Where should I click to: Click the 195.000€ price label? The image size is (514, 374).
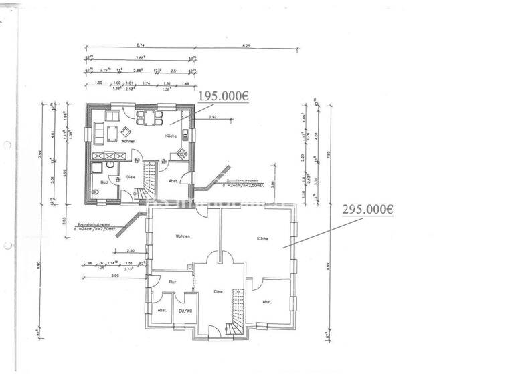click(x=223, y=96)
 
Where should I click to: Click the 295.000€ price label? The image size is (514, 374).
click(x=367, y=209)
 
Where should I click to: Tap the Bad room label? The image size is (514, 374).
click(x=104, y=182)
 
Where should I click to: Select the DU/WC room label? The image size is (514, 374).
click(x=185, y=311)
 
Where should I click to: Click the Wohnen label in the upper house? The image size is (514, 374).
click(x=128, y=141)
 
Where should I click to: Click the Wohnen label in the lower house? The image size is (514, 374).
click(x=183, y=236)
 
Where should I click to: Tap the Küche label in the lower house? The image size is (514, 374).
click(x=262, y=238)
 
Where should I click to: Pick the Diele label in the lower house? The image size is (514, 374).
click(x=218, y=291)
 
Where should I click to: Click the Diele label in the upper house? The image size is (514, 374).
click(x=131, y=177)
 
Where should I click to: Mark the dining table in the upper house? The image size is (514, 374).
click(x=148, y=117)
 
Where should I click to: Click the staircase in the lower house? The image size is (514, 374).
click(x=235, y=311)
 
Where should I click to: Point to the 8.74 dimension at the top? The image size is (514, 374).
click(x=140, y=45)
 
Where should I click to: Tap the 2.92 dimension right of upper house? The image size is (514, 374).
click(x=212, y=117)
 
